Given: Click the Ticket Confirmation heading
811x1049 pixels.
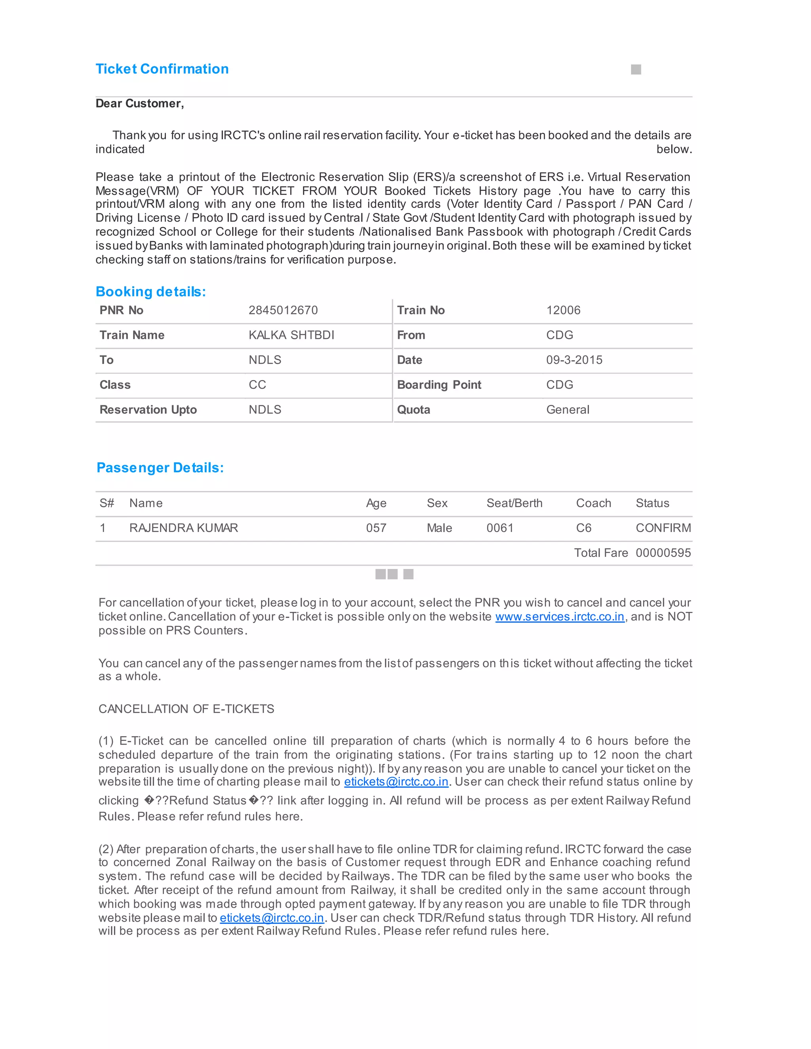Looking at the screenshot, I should click(162, 69).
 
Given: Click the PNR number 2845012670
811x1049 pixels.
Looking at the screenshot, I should click(283, 310).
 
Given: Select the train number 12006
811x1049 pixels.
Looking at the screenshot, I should click(563, 310).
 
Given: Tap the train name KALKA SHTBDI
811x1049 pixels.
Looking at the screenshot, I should click(291, 335).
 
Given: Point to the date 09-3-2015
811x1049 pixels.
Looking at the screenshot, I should click(574, 360).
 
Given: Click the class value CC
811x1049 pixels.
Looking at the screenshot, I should click(257, 385).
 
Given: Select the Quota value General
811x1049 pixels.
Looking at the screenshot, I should click(567, 410).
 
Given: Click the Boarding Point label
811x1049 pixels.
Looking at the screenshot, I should click(439, 385).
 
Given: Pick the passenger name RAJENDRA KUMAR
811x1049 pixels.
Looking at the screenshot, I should click(183, 528).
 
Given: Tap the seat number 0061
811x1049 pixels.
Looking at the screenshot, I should click(500, 528).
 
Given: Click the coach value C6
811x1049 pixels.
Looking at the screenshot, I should click(583, 528).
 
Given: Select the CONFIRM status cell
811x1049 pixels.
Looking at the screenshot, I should click(663, 528).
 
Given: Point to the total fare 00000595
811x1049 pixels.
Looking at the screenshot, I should click(663, 553).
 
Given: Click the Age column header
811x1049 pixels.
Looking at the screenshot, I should click(376, 504).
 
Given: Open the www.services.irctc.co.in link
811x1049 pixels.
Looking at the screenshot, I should click(560, 617).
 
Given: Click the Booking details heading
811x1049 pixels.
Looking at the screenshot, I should click(150, 292).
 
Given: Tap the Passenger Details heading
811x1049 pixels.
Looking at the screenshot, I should click(160, 468).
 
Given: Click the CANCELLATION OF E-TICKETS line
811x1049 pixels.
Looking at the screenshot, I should click(187, 709).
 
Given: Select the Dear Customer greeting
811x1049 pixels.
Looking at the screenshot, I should click(139, 104).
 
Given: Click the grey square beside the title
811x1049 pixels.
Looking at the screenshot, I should click(636, 70).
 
